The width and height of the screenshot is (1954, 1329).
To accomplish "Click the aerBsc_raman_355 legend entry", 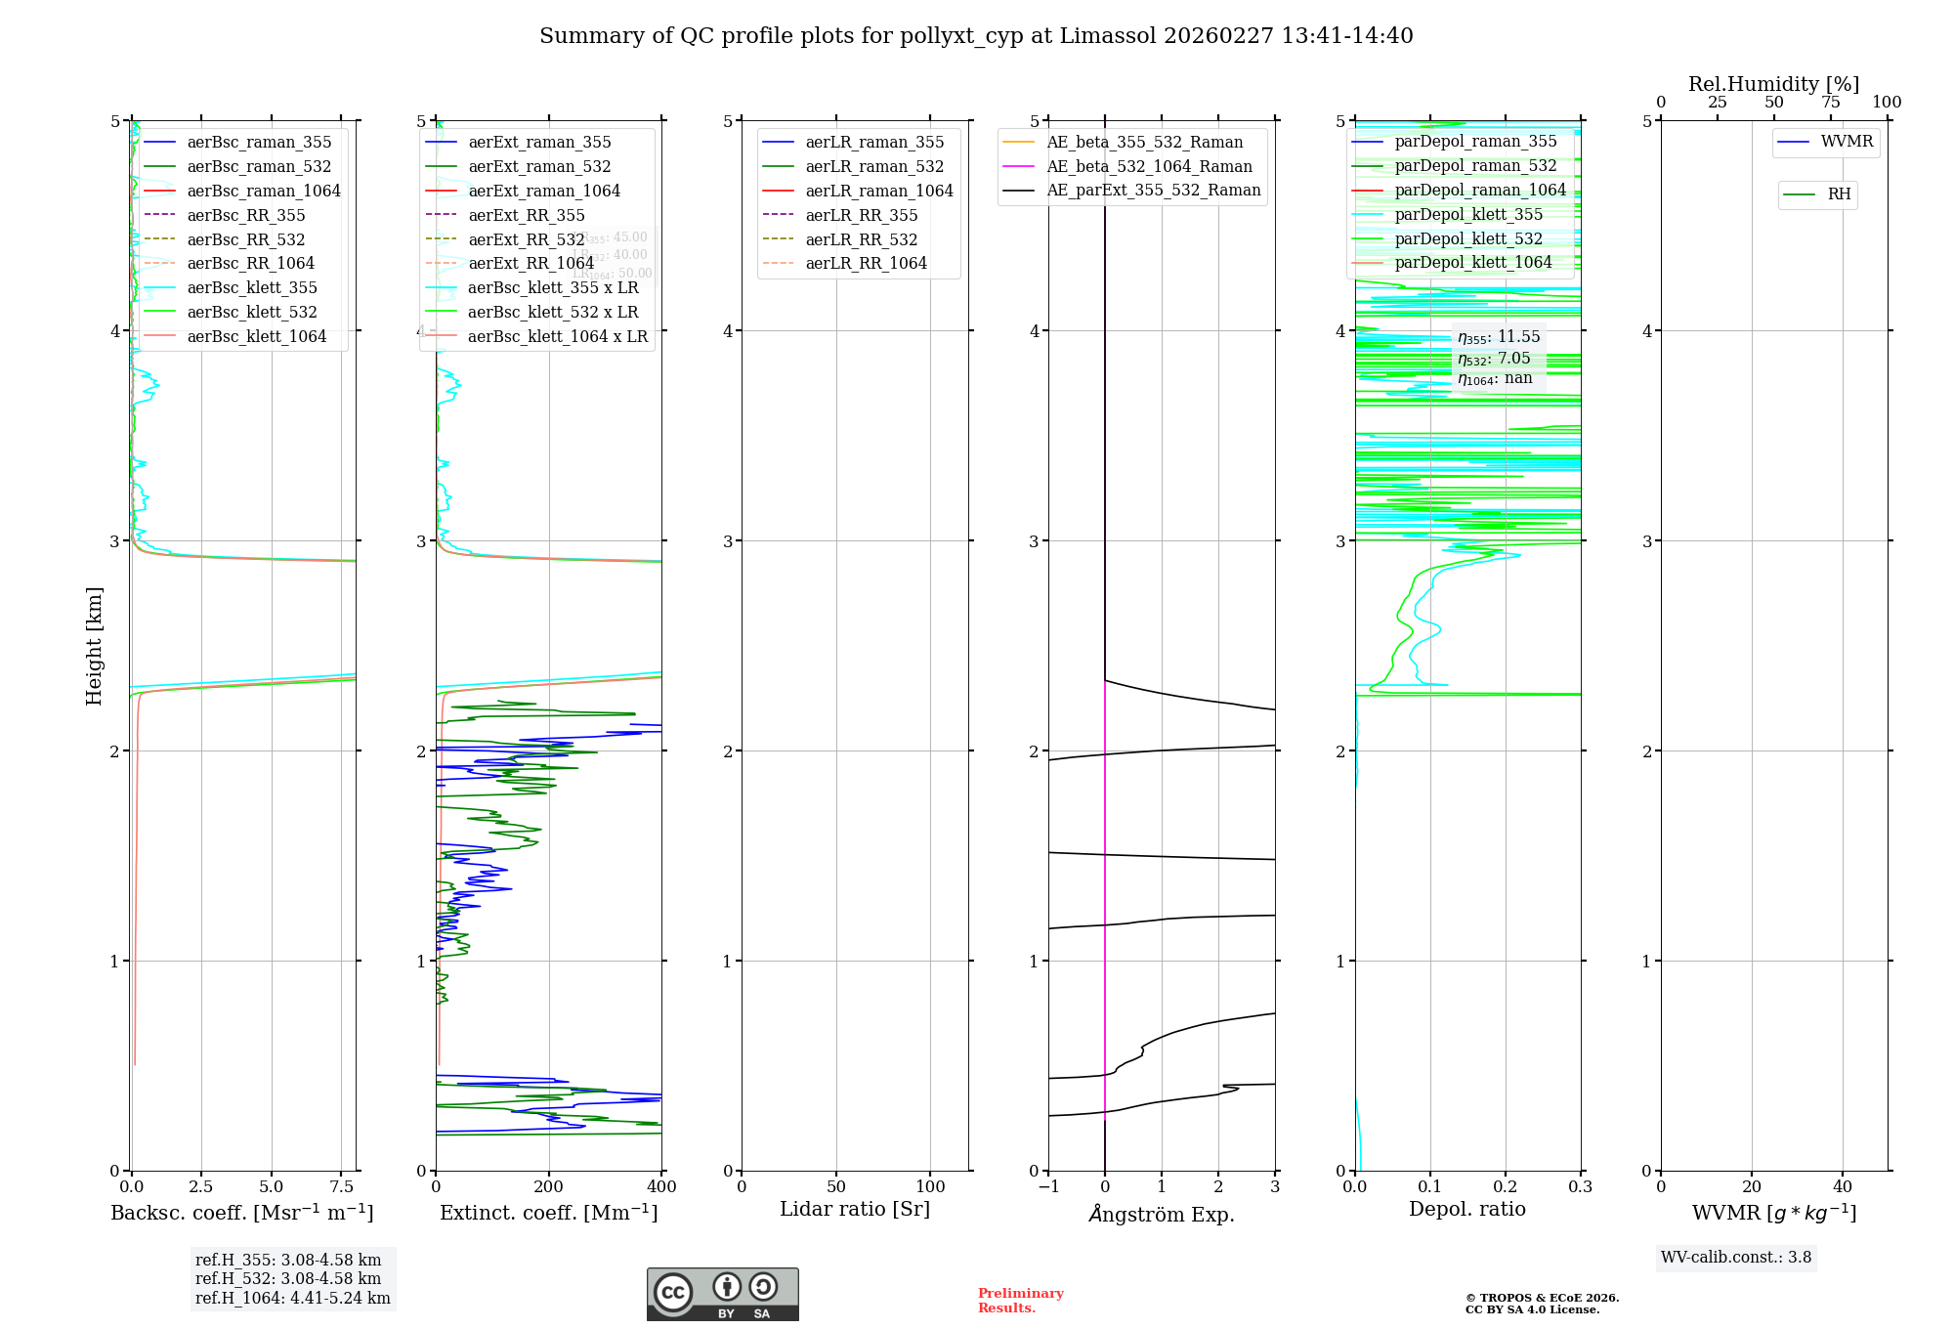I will coord(259,143).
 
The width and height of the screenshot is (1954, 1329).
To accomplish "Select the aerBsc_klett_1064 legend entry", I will coord(256,337).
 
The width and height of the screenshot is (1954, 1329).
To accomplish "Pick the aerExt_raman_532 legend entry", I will coord(539,167).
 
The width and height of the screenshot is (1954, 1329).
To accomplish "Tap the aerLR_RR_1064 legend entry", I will coord(866,264).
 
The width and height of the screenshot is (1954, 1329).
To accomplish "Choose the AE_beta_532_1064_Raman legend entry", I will coord(1149,167).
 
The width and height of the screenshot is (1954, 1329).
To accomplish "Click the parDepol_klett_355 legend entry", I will coord(1468,215).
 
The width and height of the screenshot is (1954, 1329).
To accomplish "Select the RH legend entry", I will coord(1839,195).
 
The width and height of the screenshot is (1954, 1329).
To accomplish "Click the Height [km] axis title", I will coord(94,646).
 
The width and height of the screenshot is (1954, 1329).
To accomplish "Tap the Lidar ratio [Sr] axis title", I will coord(855,1210).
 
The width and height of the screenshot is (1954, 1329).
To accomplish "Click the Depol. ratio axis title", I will coord(1466,1210).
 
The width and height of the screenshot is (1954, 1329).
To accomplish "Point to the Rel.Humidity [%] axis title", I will coord(1773,84).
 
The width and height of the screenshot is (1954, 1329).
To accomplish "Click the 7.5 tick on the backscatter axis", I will coord(342,1187).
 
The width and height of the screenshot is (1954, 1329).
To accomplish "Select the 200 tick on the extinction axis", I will coord(549,1187).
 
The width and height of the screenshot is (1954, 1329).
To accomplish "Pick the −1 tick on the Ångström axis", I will coord(1047,1187).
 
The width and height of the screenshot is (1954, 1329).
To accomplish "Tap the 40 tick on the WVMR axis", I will coord(1843,1187).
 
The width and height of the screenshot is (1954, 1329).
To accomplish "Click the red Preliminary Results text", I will coord(1020,1301).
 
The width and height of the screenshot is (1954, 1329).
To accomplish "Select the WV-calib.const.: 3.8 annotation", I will coord(1736,1258).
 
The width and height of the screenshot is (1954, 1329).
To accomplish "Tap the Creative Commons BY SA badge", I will coord(722,1295).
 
